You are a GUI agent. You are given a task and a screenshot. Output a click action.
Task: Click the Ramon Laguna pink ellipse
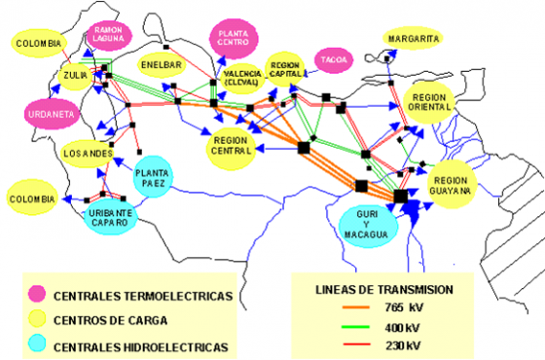tap(109, 34)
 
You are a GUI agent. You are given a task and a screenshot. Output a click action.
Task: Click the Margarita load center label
tap(413, 38)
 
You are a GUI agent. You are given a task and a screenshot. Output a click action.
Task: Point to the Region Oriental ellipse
tap(429, 103)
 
